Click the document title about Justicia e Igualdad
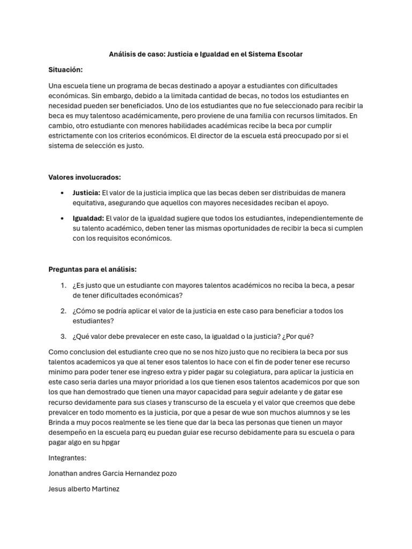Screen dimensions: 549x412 pyautogui.click(x=206, y=54)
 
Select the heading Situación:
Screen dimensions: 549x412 pyautogui.click(x=65, y=70)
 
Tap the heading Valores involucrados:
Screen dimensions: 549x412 pyautogui.click(x=84, y=177)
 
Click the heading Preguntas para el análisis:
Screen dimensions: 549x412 pyautogui.click(x=92, y=269)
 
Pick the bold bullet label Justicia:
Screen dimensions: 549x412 pyautogui.click(x=86, y=192)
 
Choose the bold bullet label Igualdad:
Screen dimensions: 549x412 pyautogui.click(x=89, y=218)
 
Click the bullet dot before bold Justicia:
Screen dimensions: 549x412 pyautogui.click(x=63, y=193)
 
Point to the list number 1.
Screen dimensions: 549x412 pyautogui.click(x=63, y=285)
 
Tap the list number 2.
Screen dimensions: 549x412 pyautogui.click(x=63, y=310)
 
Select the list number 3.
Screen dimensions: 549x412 pyautogui.click(x=63, y=336)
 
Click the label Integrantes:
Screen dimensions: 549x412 pyautogui.click(x=67, y=458)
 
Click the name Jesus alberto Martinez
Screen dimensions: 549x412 pyautogui.click(x=84, y=489)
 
